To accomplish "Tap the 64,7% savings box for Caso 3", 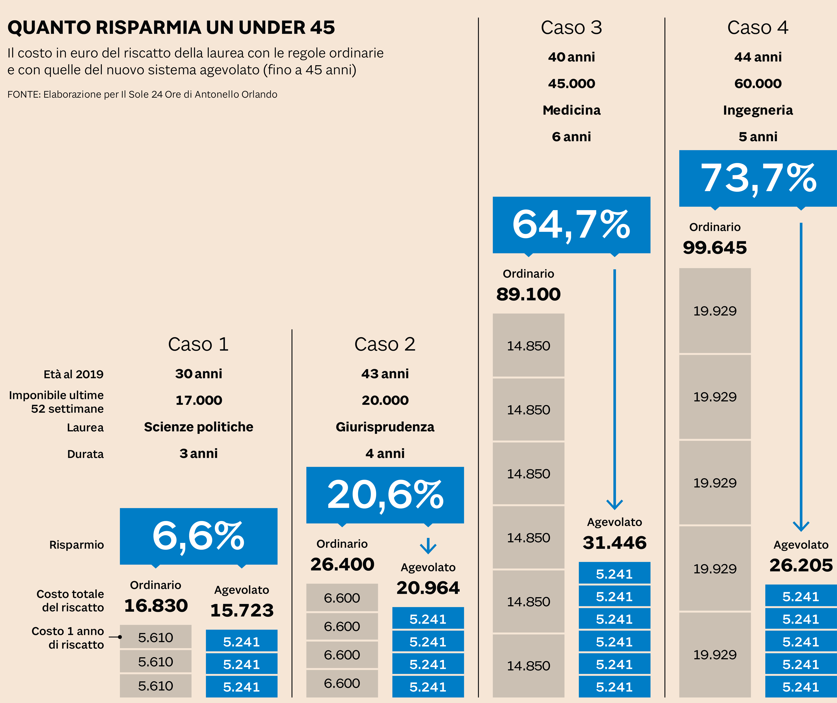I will click(571, 225).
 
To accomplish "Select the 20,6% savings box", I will click(385, 495).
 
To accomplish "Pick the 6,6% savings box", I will click(199, 536).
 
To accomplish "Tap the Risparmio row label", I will click(76, 545).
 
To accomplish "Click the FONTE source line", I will click(142, 94).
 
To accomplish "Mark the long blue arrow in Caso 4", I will click(801, 375).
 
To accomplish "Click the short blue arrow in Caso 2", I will click(428, 546).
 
